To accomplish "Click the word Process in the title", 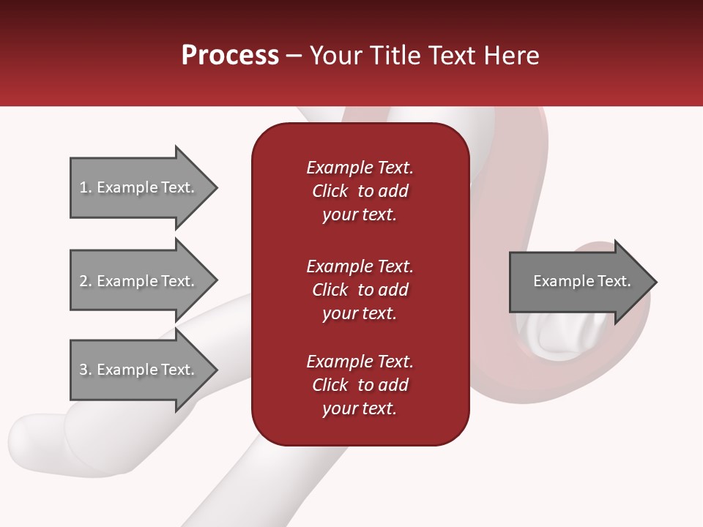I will click(230, 56).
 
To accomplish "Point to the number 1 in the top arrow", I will click(83, 187).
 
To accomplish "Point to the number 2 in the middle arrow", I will click(83, 281).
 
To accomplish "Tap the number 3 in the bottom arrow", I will click(83, 370).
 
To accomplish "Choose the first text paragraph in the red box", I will click(360, 191).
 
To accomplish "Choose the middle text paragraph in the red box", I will click(360, 290).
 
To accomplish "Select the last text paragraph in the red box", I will click(360, 385).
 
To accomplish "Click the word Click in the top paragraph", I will click(330, 191).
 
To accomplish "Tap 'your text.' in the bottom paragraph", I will click(360, 408).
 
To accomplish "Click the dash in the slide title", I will click(294, 56).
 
